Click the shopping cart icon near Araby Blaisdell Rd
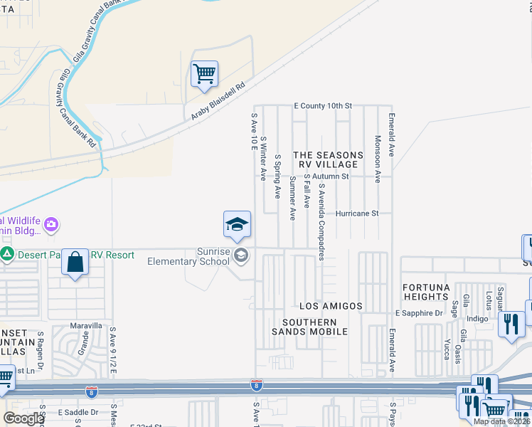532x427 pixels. [204, 74]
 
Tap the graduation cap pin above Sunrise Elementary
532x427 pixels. [237, 225]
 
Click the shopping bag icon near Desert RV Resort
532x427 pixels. [75, 263]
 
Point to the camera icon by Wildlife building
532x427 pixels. [50, 226]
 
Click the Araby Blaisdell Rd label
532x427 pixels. [217, 101]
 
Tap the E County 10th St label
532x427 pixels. [323, 106]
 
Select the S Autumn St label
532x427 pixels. [326, 176]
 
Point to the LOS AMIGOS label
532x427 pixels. [331, 306]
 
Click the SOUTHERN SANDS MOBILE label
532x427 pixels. [309, 326]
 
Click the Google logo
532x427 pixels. [23, 418]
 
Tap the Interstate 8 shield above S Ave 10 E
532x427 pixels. [256, 385]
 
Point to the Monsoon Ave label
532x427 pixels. [378, 158]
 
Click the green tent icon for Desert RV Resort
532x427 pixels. [7, 254]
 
